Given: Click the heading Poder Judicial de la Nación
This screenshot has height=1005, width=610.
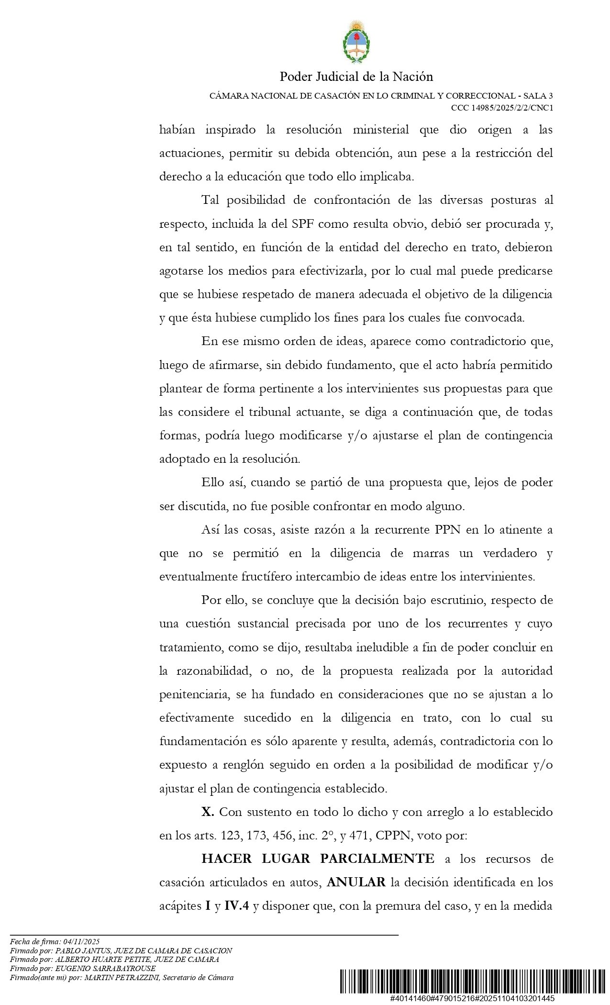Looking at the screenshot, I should (x=356, y=77).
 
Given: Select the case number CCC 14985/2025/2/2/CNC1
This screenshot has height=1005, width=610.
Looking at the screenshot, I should (x=502, y=108).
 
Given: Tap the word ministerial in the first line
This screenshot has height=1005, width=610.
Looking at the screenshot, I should (x=380, y=130).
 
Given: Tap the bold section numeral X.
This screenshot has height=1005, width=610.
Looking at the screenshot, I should (x=208, y=812).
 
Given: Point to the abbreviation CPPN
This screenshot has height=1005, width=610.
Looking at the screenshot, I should (x=394, y=836).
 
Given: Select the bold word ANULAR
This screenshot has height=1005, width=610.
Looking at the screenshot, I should (x=356, y=882).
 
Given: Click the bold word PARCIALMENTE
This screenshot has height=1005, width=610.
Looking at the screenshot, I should (x=377, y=859).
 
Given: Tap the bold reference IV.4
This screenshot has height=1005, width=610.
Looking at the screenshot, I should (x=237, y=905).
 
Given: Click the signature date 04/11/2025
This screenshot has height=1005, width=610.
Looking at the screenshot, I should (x=81, y=941).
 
